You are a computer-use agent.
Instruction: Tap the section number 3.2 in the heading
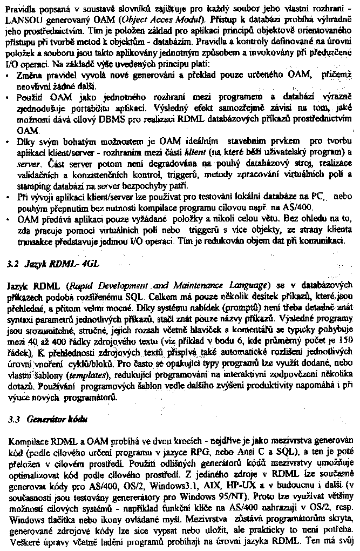16,265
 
